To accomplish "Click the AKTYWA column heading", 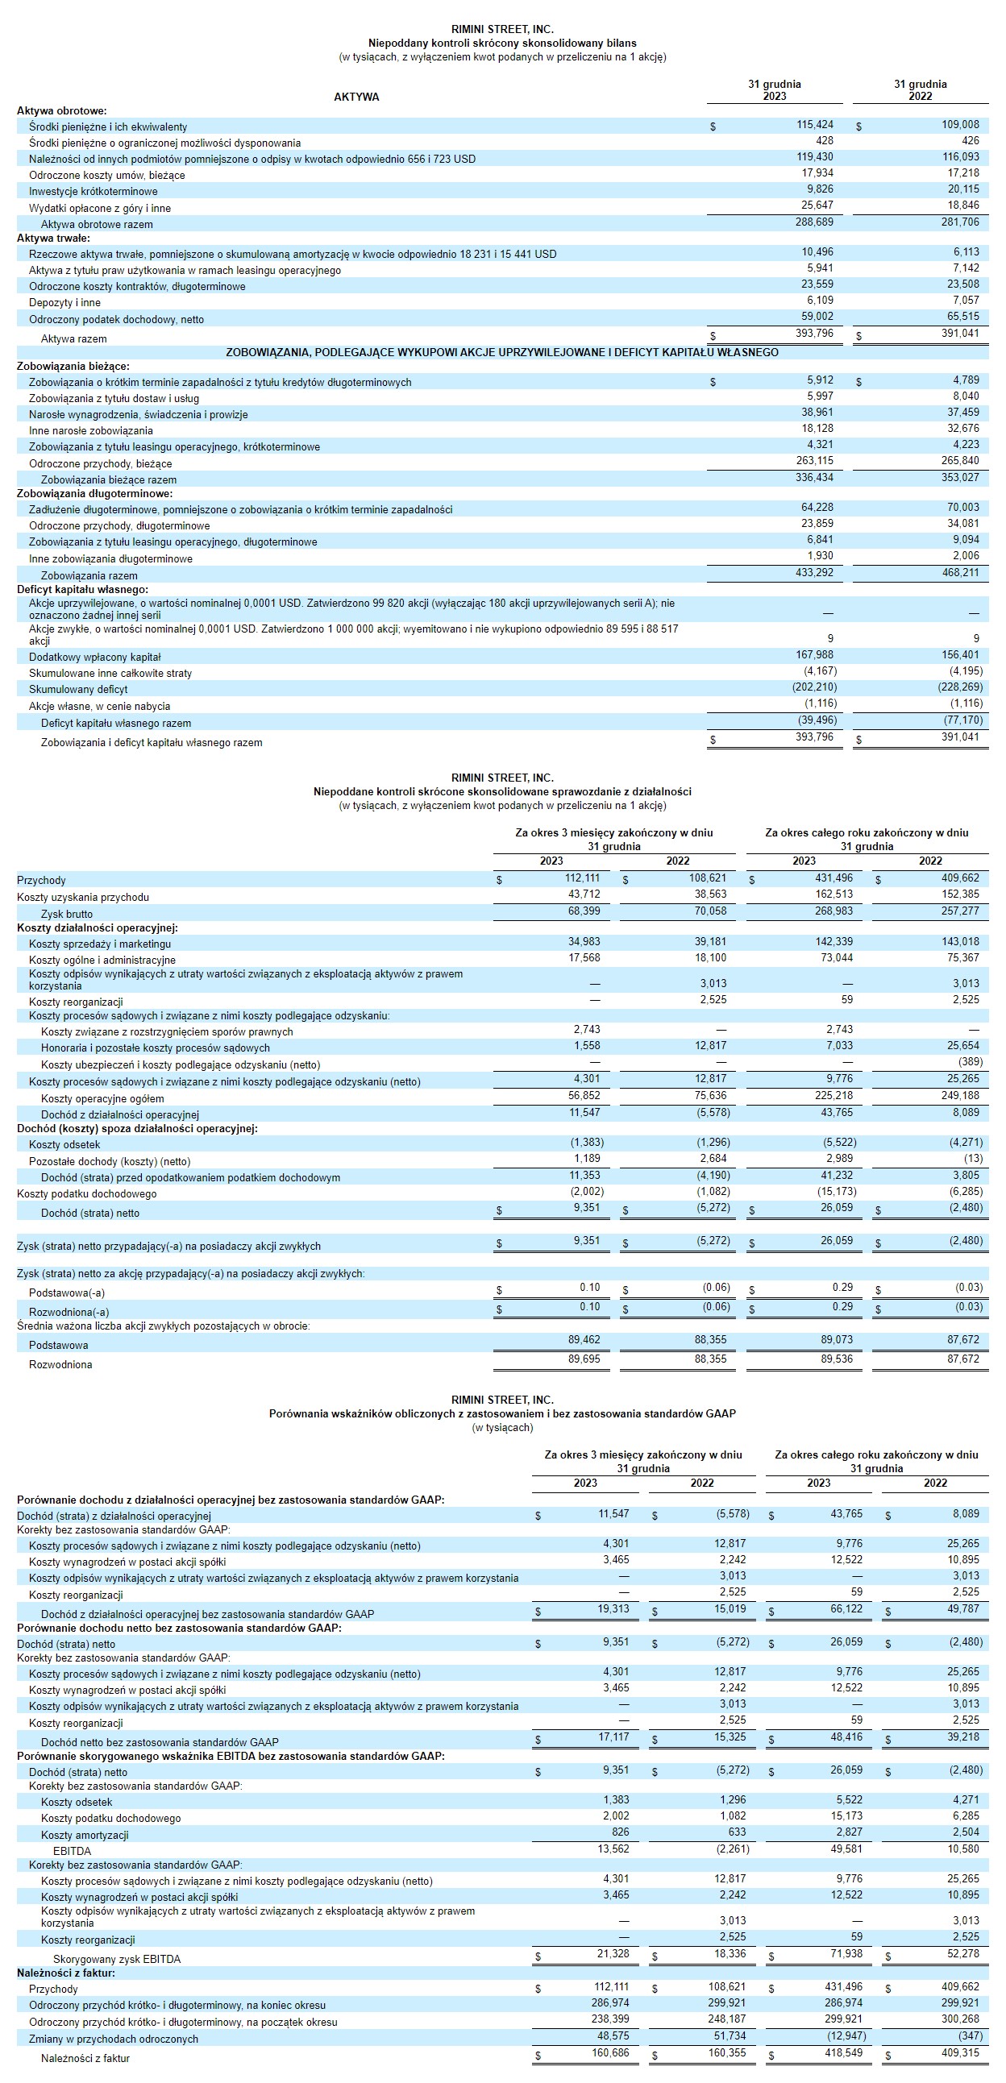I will point(355,97).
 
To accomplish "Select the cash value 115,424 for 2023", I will point(814,125).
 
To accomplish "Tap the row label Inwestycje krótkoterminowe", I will point(93,192).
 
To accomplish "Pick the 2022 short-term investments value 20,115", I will point(961,189).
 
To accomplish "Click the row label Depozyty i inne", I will point(64,302).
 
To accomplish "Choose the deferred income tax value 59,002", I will point(817,316).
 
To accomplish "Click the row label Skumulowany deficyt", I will point(78,690).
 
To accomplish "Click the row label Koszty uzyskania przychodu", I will point(82,898).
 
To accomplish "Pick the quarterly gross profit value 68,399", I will point(584,911).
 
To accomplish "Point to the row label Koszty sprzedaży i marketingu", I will point(99,944).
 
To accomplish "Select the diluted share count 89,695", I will point(584,1359).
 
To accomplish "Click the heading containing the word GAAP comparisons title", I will point(502,1413).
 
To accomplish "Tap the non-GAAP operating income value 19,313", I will point(613,1609).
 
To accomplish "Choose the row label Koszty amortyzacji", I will point(85,1836).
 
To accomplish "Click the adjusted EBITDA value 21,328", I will point(613,1953).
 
